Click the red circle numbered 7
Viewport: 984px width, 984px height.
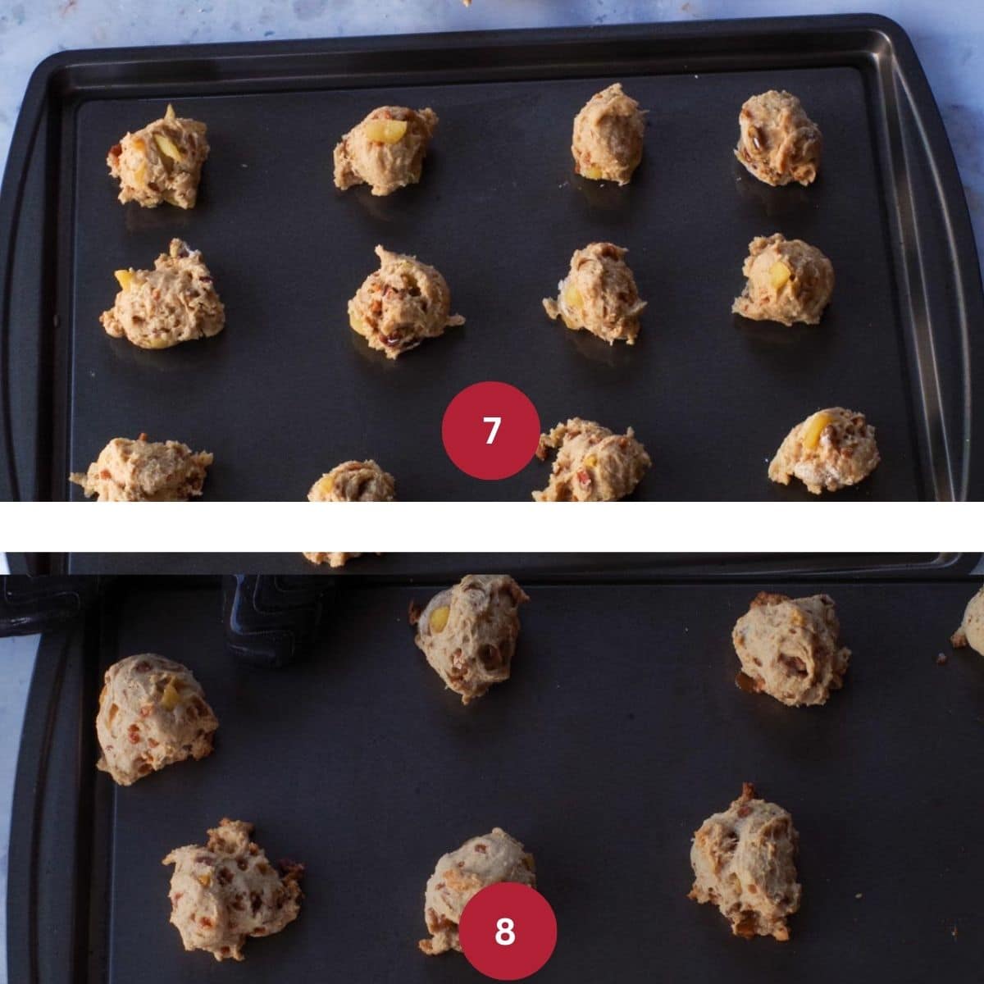pyautogui.click(x=490, y=430)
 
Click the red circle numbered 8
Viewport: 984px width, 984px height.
pyautogui.click(x=507, y=931)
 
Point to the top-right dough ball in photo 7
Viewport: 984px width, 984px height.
pyautogui.click(x=778, y=138)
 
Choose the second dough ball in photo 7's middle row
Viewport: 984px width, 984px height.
pyautogui.click(x=400, y=302)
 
